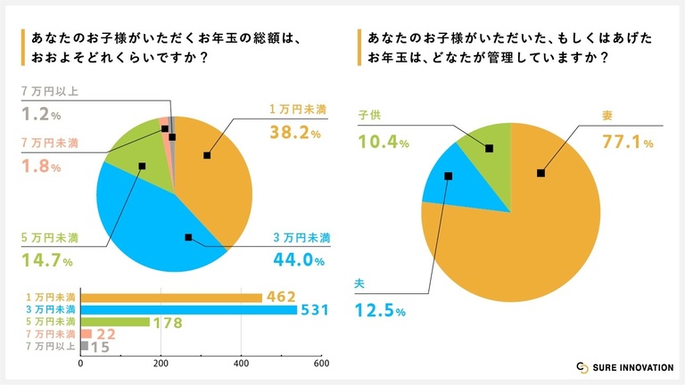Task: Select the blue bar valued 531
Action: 188,310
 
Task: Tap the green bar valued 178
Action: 115,322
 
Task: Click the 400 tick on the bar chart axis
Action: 241,364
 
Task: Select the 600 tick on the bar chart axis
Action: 321,364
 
